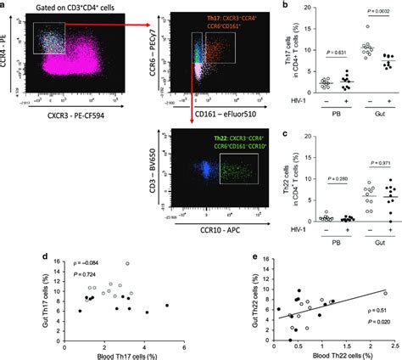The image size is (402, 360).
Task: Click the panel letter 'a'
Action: pyautogui.click(x=5, y=6)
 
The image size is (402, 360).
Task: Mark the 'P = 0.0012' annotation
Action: pyautogui.click(x=367, y=21)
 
